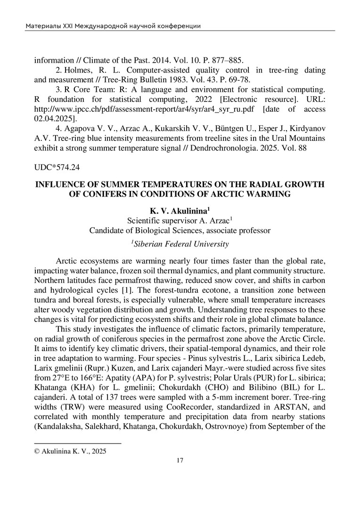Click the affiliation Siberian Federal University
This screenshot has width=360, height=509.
click(180, 244)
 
